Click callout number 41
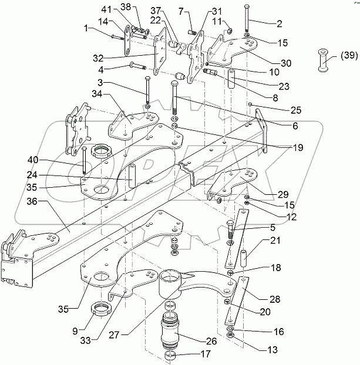[106, 10]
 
